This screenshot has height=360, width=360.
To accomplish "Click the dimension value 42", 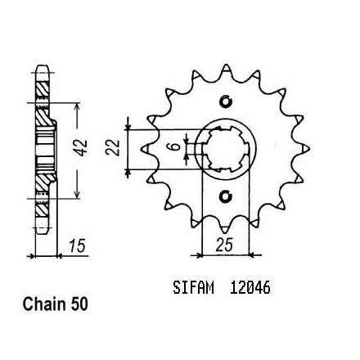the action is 82,148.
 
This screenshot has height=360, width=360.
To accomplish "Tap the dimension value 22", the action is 113,147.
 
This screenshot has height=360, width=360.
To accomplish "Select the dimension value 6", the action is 177,147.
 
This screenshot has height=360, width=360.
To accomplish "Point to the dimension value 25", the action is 225,245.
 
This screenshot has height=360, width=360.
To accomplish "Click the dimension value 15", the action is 77,245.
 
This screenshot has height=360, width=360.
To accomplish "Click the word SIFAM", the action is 193,287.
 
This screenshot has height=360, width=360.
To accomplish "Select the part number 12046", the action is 250,287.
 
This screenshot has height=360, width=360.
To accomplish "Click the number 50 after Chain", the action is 79,304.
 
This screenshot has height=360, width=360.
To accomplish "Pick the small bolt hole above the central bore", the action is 226,101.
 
